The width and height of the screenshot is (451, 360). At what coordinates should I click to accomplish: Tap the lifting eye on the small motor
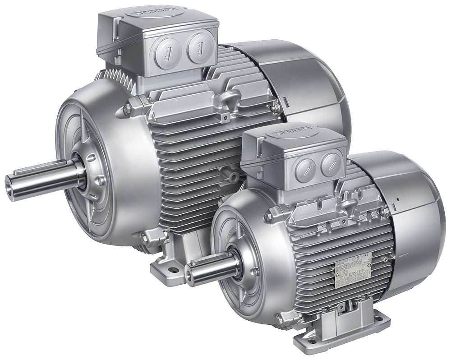pyautogui.click(x=348, y=205)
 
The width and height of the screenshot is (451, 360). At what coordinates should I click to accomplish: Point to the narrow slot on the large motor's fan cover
pyautogui.click(x=285, y=98)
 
